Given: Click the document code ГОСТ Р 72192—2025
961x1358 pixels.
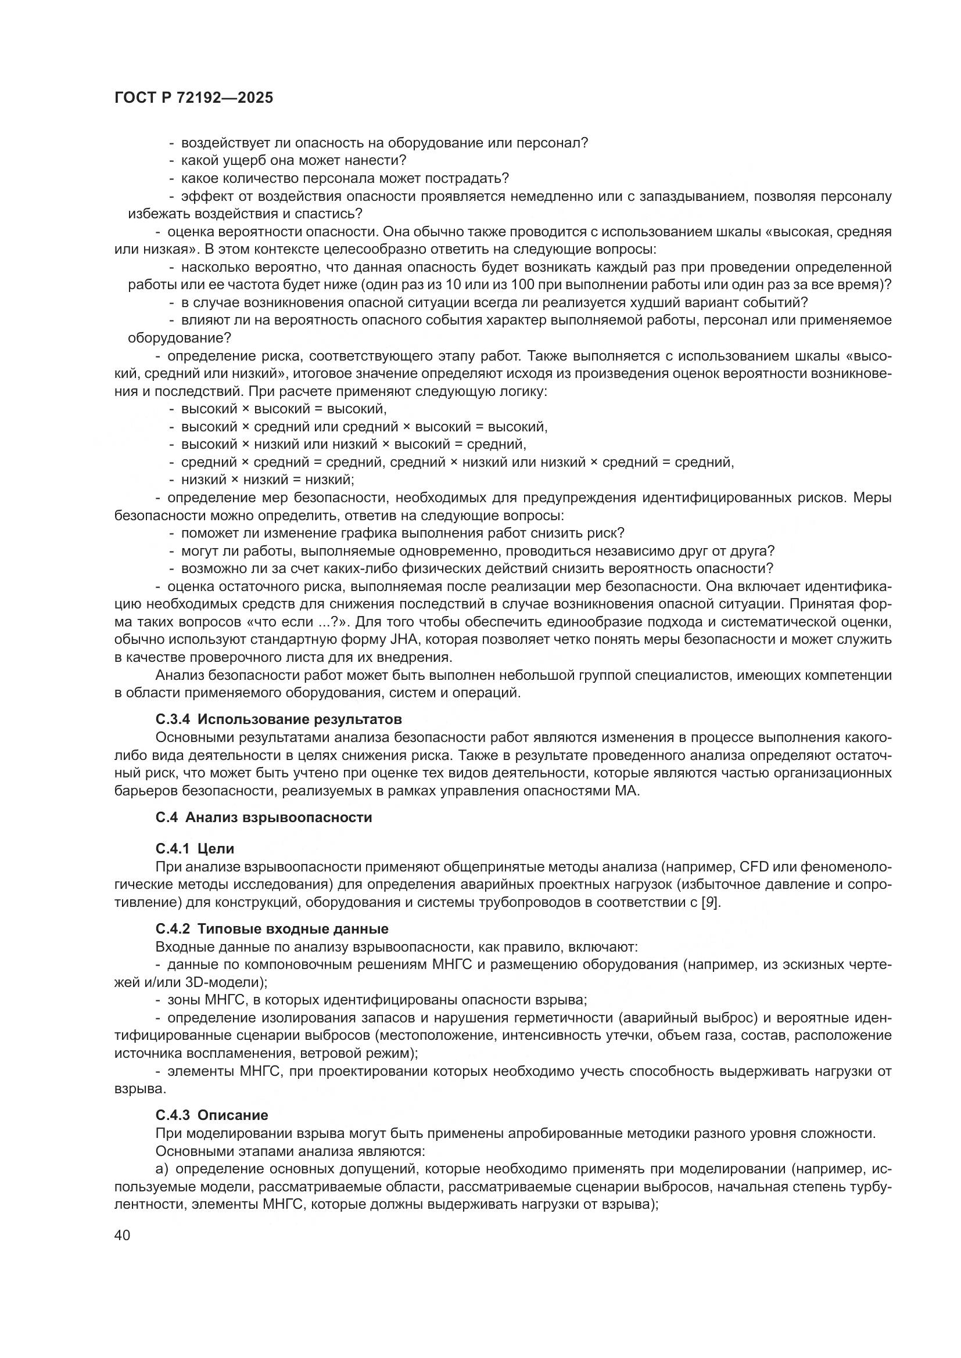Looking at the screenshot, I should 193,98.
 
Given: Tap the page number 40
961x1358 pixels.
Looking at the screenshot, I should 123,1234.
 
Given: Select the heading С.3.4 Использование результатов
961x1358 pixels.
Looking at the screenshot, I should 279,719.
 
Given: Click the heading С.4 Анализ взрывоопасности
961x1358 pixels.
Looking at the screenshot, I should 264,817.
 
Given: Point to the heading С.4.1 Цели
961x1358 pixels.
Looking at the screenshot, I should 195,849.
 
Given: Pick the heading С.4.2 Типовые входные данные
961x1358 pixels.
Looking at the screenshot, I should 271,928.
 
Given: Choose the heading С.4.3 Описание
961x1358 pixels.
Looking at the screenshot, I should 212,1115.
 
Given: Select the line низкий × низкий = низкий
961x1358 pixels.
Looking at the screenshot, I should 267,480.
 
